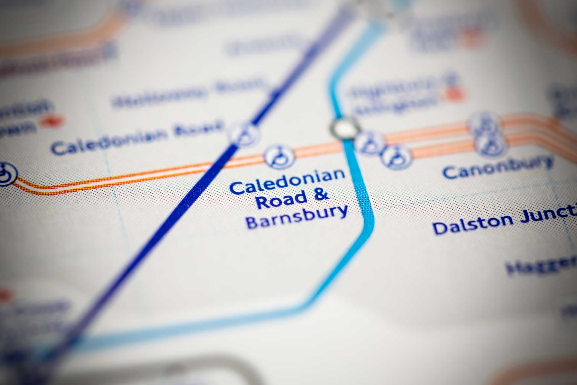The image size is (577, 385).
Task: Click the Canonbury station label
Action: click(498, 167)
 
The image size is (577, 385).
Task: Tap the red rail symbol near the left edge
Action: click(49, 121)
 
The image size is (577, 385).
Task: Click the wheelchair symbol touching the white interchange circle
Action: click(369, 142)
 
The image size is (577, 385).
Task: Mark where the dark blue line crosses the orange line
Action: click(218, 164)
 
